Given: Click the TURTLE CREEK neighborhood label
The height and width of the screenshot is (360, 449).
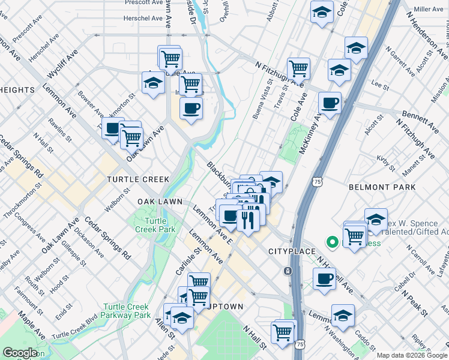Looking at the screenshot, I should tap(138, 179).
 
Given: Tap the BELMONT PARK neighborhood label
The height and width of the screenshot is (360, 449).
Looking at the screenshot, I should tap(382, 187).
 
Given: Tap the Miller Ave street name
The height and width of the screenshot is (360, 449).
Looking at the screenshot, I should tap(428, 10).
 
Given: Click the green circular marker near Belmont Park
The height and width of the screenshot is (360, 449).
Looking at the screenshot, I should tap(332, 242).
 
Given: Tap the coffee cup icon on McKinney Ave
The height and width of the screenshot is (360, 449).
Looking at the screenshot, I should tap(330, 103).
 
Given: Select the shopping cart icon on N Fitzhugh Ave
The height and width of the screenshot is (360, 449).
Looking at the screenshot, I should tap(298, 68).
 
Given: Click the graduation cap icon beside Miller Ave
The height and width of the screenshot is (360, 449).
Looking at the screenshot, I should tap(322, 12).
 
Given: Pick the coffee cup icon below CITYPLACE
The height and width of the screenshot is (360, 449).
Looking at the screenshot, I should tap(325, 278).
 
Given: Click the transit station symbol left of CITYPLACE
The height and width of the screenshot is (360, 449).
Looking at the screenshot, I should tap(288, 271).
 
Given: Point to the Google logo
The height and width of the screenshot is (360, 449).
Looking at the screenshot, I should tap(20, 353).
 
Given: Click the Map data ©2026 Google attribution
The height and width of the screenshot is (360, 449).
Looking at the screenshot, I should tap(411, 355).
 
